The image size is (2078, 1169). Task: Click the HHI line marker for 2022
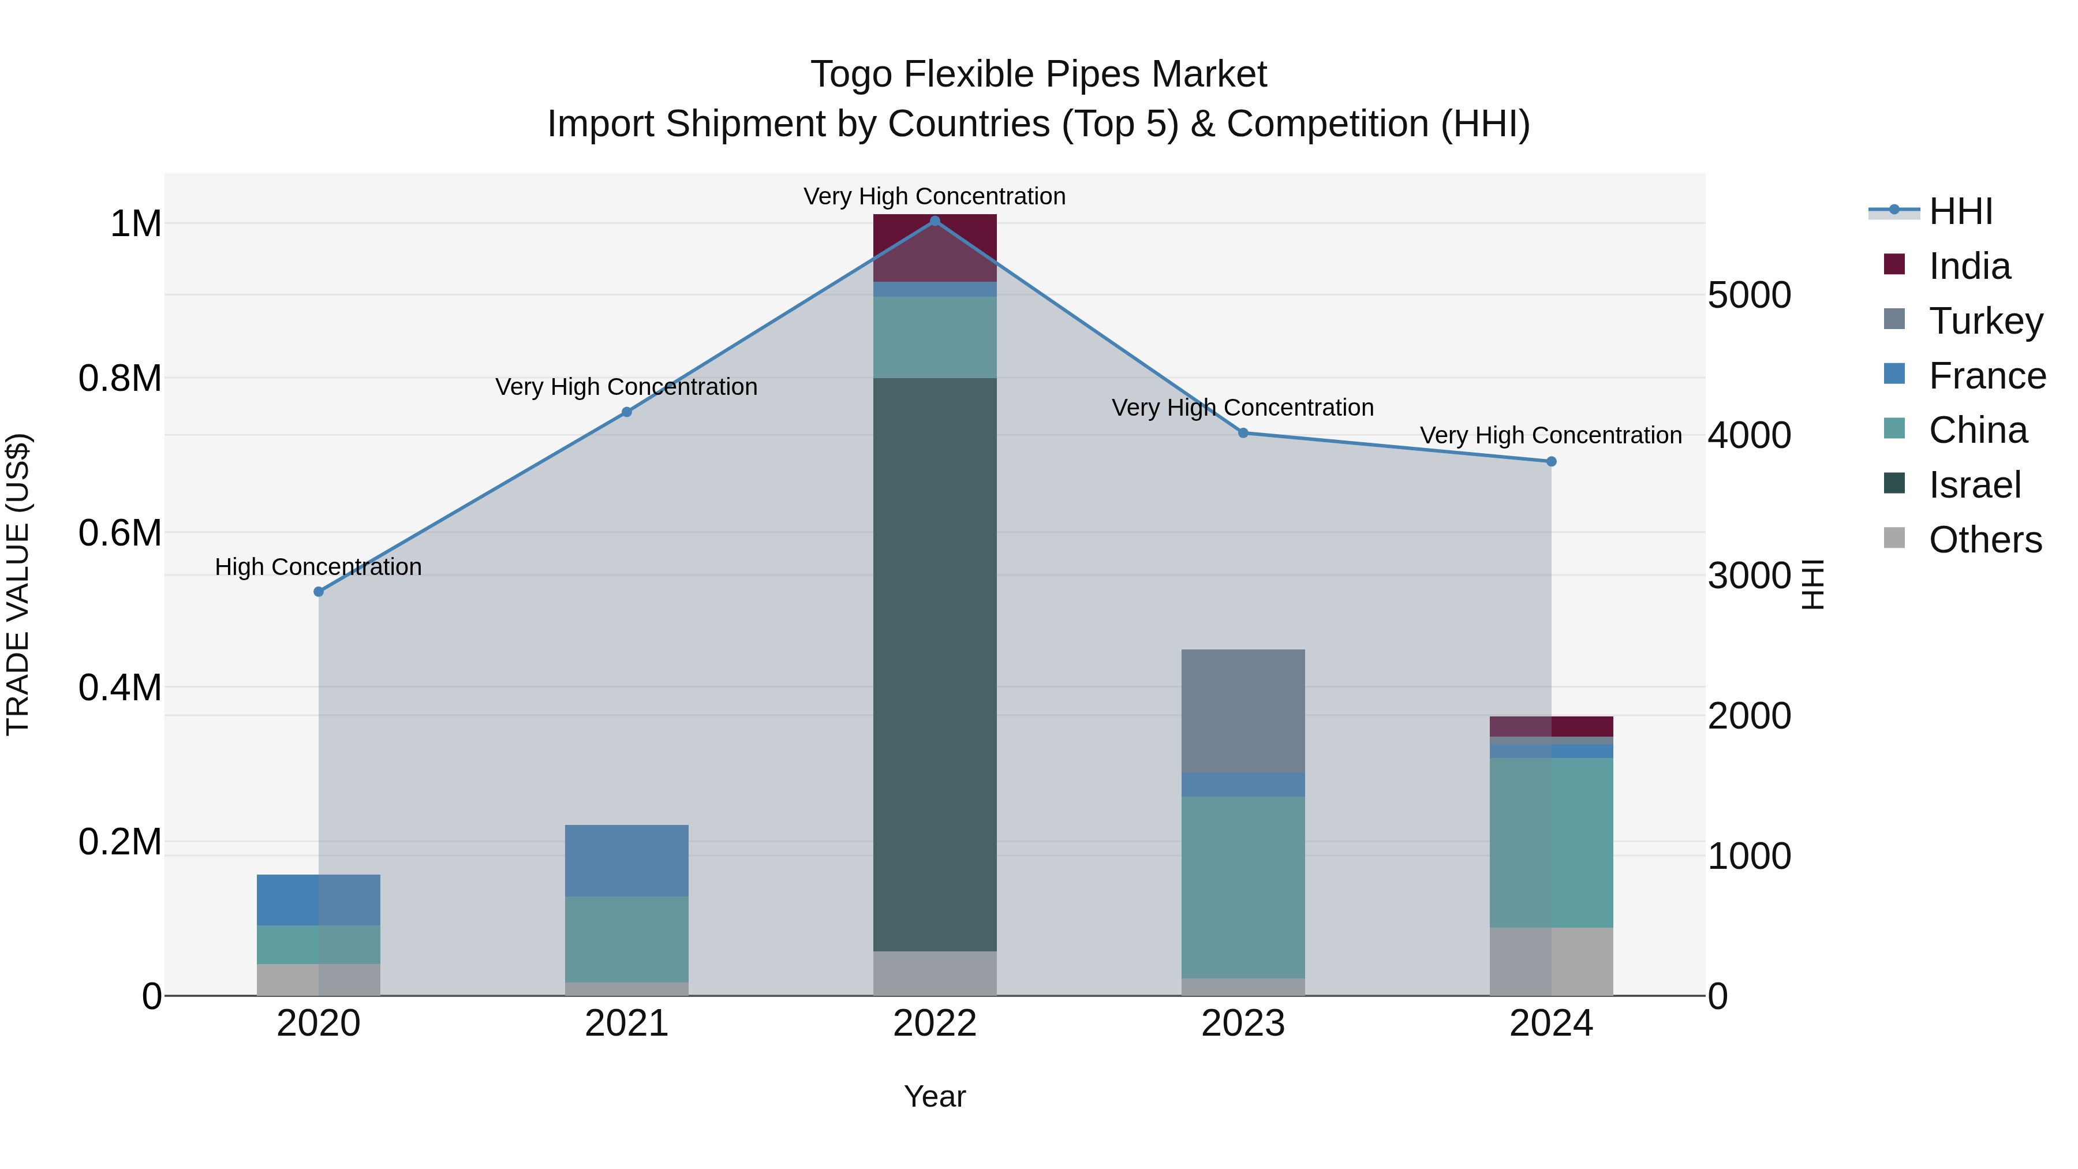[x=935, y=221]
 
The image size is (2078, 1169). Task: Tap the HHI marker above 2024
[x=1550, y=461]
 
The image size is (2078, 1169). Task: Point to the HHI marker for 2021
[x=627, y=412]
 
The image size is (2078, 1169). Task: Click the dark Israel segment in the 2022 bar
[x=935, y=662]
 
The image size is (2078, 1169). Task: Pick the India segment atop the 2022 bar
[x=935, y=242]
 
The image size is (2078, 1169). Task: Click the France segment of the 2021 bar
[x=627, y=860]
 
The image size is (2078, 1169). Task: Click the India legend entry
[x=1969, y=266]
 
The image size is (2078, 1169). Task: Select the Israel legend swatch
[x=1894, y=484]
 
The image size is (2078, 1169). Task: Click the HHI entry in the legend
[x=1960, y=211]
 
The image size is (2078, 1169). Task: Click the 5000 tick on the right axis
[x=1749, y=295]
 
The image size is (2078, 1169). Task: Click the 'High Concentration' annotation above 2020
[x=319, y=567]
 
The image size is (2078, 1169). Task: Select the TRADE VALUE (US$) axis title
[x=18, y=584]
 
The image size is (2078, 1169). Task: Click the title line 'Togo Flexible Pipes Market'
[x=1038, y=74]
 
